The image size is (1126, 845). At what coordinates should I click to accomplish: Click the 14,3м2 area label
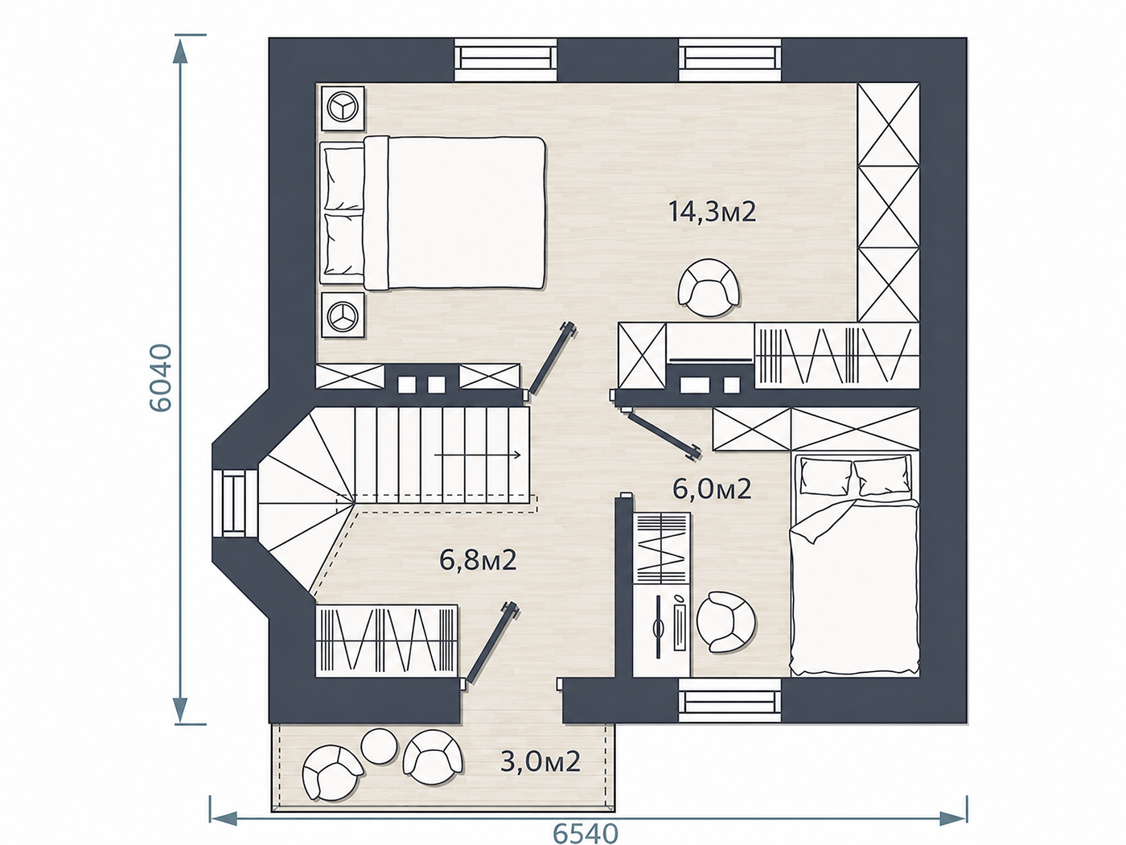[x=712, y=212]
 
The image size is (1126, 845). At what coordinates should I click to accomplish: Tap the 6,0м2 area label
[x=712, y=489]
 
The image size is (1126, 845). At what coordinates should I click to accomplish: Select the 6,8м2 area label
[x=478, y=560]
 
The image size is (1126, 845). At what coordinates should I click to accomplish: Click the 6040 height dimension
[x=160, y=377]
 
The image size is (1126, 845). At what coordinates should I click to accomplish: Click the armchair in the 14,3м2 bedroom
[x=709, y=288]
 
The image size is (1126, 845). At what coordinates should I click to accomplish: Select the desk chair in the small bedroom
[x=725, y=622]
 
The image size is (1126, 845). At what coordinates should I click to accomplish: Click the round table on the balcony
[x=379, y=746]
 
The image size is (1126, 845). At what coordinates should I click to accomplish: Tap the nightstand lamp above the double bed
[x=342, y=109]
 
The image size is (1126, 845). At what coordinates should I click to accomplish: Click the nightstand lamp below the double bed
[x=342, y=315]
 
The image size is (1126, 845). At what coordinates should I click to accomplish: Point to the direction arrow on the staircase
[x=478, y=455]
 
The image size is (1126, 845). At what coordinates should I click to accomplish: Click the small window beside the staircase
[x=234, y=503]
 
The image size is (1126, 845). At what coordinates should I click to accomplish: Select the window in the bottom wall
[x=729, y=702]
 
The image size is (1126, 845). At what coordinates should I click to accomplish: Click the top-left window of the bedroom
[x=505, y=60]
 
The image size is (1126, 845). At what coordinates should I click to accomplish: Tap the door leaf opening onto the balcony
[x=490, y=643]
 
